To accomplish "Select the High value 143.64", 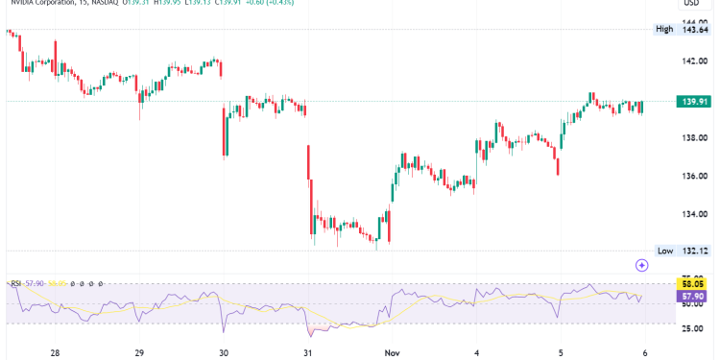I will click(x=693, y=30).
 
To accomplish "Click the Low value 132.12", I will click(x=693, y=251).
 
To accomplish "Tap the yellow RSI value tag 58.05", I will click(x=693, y=284).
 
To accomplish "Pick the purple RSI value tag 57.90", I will click(x=693, y=297).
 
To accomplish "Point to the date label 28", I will click(x=55, y=352).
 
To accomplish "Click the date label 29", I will click(x=140, y=352).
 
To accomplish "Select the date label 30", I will click(x=224, y=352).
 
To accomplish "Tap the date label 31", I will click(x=308, y=352).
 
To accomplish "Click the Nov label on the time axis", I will click(x=393, y=352).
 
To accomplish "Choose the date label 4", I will click(x=477, y=352).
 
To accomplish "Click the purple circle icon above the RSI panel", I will click(x=642, y=263).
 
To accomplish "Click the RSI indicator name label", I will click(x=15, y=283).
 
